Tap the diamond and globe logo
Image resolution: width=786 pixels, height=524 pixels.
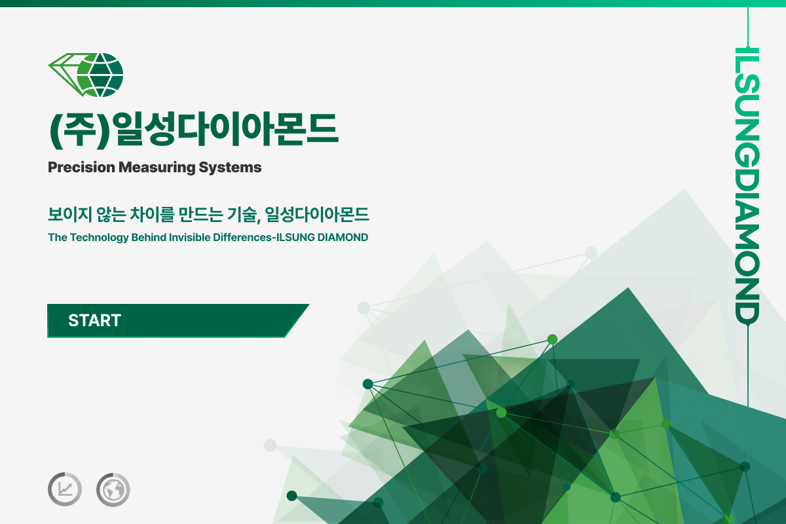pos(86,75)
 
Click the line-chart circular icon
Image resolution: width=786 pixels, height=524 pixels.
pos(65,489)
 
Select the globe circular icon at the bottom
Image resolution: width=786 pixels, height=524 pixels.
pos(113,489)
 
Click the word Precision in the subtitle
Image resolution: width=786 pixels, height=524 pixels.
pos(81,167)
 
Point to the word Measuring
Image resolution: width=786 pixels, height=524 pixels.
pos(157,168)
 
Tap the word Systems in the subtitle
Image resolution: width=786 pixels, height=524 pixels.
pos(230,168)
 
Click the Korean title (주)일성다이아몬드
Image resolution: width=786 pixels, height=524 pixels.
pos(194,129)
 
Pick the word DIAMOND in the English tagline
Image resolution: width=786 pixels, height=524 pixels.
pos(343,237)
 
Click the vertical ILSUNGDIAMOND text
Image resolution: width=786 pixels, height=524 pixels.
pos(747,186)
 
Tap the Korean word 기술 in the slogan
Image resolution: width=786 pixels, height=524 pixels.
pos(244,214)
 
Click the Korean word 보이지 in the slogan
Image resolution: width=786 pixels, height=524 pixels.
pos(70,214)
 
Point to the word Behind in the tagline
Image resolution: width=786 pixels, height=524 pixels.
pos(149,237)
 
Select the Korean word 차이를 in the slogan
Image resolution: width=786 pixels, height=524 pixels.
pos(152,214)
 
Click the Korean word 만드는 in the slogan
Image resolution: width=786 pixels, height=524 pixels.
pos(200,214)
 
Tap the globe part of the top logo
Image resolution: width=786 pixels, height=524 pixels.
pos(100,75)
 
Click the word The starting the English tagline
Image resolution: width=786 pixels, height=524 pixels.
pos(58,237)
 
